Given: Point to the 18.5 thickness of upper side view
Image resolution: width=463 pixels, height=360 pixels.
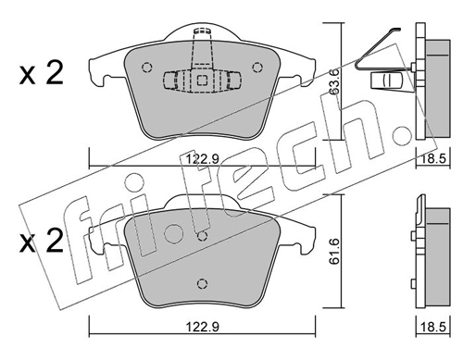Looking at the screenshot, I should (x=431, y=160).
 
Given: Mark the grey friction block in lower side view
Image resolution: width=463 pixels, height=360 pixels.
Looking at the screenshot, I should (x=432, y=254).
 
